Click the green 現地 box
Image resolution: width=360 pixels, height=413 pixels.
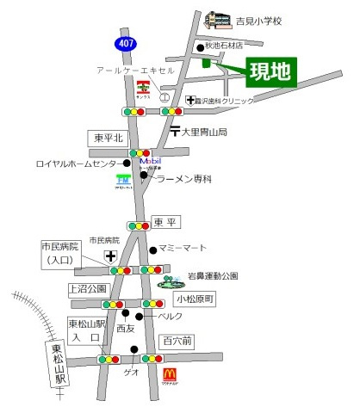270,72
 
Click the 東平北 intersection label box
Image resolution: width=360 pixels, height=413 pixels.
109,137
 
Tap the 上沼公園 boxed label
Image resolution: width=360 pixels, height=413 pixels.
88,289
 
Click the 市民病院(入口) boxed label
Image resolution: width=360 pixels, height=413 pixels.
60,253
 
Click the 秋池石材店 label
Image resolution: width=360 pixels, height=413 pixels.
231,46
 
